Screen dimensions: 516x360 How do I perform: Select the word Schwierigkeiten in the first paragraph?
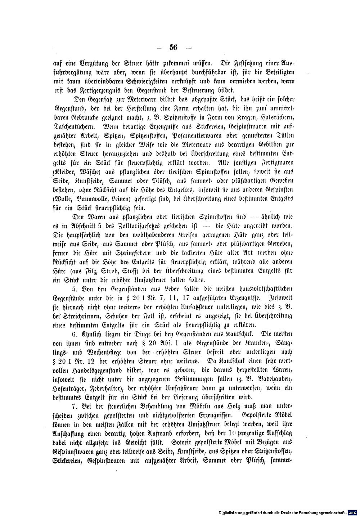[153, 81]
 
